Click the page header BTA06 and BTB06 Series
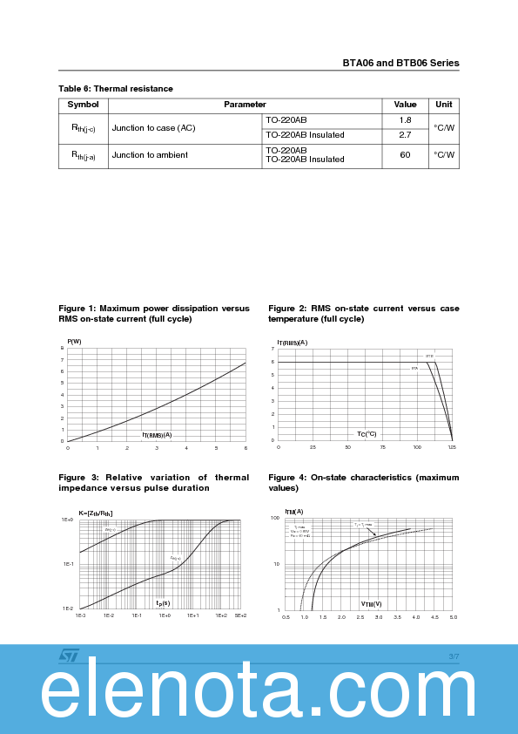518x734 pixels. click(400, 63)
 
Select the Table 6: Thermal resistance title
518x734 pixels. click(116, 89)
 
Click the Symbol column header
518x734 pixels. click(84, 105)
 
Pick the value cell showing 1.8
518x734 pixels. click(405, 120)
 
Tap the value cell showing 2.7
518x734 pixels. click(405, 135)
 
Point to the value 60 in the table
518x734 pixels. click(405, 154)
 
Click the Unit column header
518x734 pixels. click(444, 105)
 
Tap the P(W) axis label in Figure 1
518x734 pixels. click(74, 341)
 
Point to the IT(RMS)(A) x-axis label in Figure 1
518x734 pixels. click(157, 434)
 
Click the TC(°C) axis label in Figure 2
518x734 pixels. click(367, 434)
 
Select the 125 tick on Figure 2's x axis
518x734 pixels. click(452, 447)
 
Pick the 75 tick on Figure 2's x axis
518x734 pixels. click(383, 447)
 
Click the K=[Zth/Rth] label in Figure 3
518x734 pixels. click(96, 513)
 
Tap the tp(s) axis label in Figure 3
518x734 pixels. click(163, 602)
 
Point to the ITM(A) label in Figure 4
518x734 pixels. click(294, 512)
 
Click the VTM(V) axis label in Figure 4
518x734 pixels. click(372, 603)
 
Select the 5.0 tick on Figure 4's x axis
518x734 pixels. click(453, 616)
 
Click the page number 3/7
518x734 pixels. click(454, 656)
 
